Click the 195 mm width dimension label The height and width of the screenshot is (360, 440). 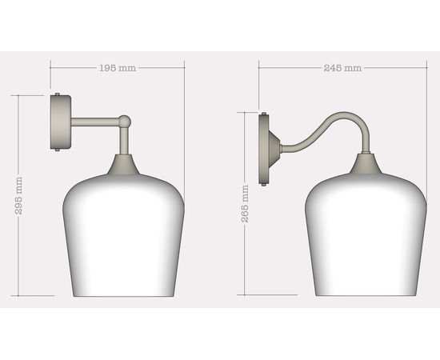[118, 68]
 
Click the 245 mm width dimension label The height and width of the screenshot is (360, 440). [343, 68]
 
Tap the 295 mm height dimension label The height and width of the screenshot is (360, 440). [19, 195]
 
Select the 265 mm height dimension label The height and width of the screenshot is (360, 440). [245, 204]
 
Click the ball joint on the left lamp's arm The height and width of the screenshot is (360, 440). [124, 122]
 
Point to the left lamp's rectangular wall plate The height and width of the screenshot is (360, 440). [60, 122]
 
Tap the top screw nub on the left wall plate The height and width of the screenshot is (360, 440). [58, 94]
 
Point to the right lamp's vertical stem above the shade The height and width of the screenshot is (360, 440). [366, 144]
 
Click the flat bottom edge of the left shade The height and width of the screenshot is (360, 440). [123, 295]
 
